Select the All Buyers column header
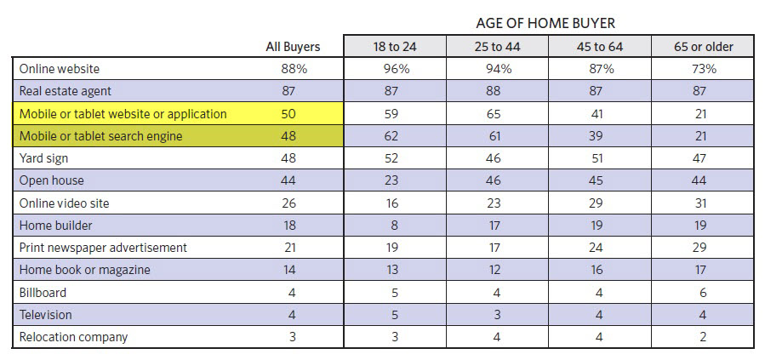click(292, 47)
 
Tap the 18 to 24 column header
click(395, 47)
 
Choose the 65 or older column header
click(702, 47)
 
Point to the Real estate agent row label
click(66, 91)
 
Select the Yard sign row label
click(43, 158)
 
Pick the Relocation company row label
click(73, 337)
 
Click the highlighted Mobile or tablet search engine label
click(100, 136)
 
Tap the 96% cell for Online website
click(395, 69)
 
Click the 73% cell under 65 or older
click(702, 69)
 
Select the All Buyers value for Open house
click(292, 180)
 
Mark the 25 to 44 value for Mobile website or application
click(498, 113)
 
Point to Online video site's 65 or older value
click(702, 203)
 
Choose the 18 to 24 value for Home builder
click(395, 226)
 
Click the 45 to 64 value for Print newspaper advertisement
click(600, 248)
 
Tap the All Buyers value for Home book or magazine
click(292, 270)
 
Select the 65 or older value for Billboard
click(702, 292)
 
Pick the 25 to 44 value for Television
click(498, 315)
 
